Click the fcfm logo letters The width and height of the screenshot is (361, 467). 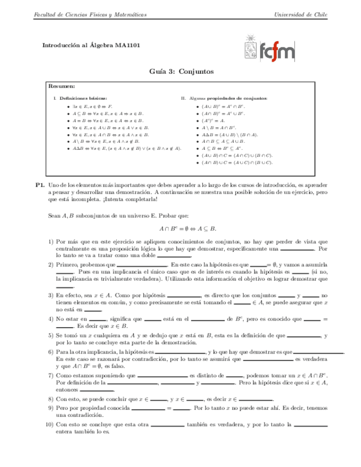click(277, 51)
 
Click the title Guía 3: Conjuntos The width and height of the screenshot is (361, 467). click(180, 72)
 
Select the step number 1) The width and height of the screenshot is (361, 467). click(50, 241)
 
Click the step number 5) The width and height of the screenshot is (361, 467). click(50, 335)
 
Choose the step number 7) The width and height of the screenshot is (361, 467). click(50, 374)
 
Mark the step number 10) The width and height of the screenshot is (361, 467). click(49, 425)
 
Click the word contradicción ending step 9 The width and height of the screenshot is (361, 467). click(73, 415)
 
